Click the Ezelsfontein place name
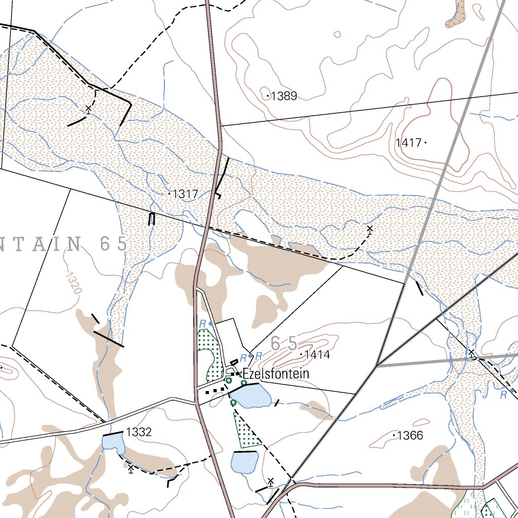(x=276, y=374)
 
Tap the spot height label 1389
(x=284, y=96)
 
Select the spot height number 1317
(x=185, y=194)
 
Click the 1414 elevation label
(x=317, y=355)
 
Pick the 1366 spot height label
(x=410, y=436)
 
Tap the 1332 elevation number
(x=139, y=432)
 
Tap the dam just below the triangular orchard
(x=244, y=462)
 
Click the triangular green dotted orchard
(x=245, y=433)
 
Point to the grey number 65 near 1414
(x=284, y=343)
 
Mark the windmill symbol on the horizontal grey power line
(x=471, y=354)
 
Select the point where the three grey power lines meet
(x=377, y=365)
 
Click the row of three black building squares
(x=215, y=391)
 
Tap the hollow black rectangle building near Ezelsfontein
(x=234, y=362)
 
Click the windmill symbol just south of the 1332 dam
(x=131, y=468)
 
